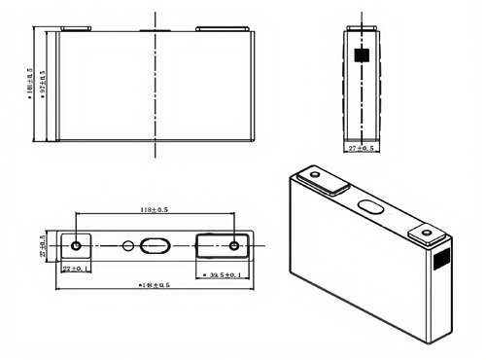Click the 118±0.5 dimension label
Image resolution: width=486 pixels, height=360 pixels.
coord(154,209)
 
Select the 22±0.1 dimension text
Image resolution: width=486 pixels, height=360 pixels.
coord(76,268)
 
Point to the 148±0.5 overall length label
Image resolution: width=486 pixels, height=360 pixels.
coord(156,286)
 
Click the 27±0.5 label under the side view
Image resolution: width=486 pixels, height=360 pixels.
coord(364,148)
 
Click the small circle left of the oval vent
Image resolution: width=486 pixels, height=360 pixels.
coord(127,245)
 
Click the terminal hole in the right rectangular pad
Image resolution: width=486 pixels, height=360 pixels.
coord(233,244)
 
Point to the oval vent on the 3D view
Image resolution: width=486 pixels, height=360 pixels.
coord(372,206)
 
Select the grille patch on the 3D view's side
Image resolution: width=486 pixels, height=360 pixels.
coord(437,260)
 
